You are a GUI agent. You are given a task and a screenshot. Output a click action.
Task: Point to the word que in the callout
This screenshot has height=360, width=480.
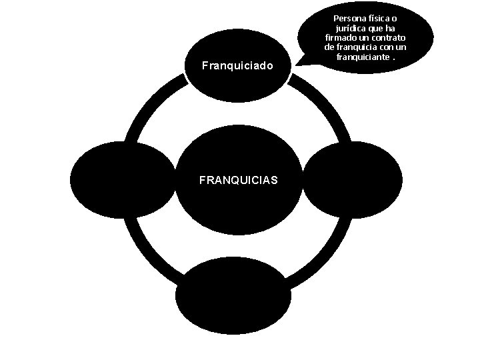[x=382, y=19]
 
